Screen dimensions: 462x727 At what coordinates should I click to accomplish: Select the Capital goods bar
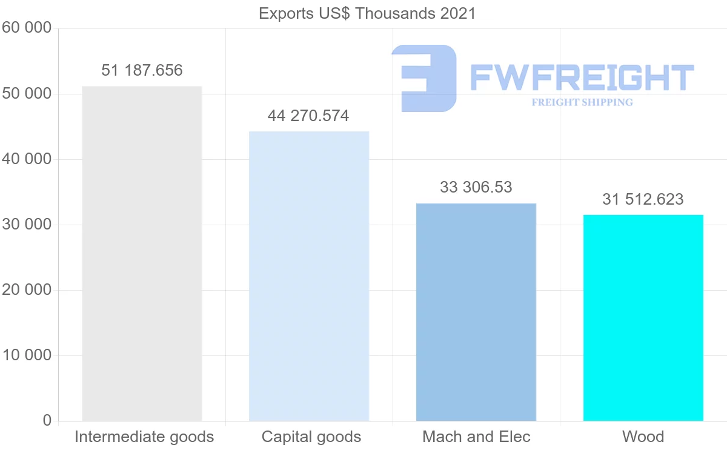tap(309, 276)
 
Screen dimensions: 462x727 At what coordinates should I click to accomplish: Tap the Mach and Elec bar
tap(476, 312)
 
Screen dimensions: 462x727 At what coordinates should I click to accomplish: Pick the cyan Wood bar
tap(643, 317)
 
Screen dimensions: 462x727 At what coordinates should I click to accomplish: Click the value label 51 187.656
tap(142, 70)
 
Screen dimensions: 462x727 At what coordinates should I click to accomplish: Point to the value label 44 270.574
tap(308, 116)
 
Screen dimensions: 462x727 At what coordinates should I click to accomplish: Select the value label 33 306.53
tap(476, 187)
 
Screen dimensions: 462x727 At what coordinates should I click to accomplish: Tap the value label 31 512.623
tap(643, 199)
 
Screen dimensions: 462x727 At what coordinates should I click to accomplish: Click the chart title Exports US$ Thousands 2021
tap(367, 13)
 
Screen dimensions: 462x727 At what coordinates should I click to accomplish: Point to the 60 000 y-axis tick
tap(26, 28)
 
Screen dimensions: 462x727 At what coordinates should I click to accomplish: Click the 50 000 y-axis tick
tap(26, 94)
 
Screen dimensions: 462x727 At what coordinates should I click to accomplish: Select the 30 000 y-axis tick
tap(26, 225)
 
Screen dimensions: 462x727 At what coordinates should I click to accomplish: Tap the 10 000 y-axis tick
tap(26, 355)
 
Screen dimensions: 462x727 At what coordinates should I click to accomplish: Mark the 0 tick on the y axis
tap(47, 421)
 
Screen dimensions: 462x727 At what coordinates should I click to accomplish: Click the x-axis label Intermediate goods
tap(144, 437)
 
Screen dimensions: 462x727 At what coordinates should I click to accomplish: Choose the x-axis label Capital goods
tap(311, 437)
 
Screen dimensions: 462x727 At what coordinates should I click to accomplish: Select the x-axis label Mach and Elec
tap(476, 437)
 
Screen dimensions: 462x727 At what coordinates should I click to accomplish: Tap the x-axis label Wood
tap(643, 437)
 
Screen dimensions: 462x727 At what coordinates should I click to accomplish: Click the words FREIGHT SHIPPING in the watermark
tap(582, 102)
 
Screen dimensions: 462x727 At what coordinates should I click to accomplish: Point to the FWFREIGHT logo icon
tap(424, 78)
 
